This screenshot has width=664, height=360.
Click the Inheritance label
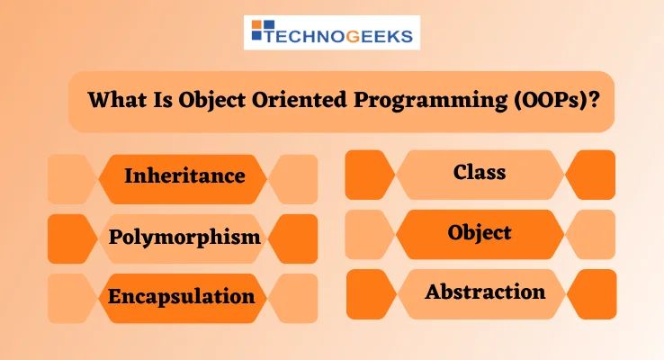pyautogui.click(x=184, y=175)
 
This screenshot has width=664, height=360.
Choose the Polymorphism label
pyautogui.click(x=184, y=238)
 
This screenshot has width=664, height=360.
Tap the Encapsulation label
pyautogui.click(x=182, y=296)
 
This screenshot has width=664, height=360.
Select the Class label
pyautogui.click(x=480, y=171)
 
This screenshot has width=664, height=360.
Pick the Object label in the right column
pyautogui.click(x=480, y=232)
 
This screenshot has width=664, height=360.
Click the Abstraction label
pyautogui.click(x=485, y=292)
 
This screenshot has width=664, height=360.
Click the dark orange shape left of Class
pyautogui.click(x=368, y=175)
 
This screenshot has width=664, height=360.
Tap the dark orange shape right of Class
pyautogui.click(x=593, y=175)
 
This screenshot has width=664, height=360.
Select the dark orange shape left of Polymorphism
pyautogui.click(x=70, y=238)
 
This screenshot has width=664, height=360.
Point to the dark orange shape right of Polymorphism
pyautogui.click(x=295, y=238)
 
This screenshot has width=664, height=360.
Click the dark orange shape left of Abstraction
pyautogui.click(x=369, y=294)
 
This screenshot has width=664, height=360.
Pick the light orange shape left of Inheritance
pyautogui.click(x=70, y=179)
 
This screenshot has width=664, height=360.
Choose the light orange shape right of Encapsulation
pyautogui.click(x=295, y=298)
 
